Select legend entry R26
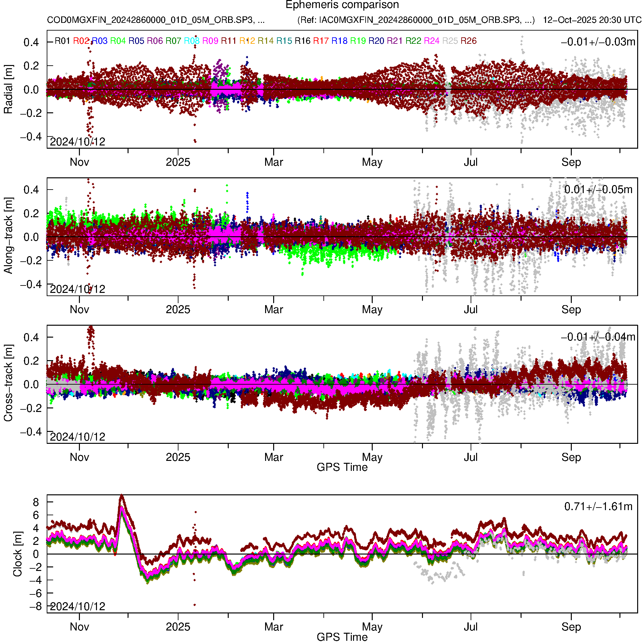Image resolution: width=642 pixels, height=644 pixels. click(468, 41)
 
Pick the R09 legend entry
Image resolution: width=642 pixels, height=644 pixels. click(210, 41)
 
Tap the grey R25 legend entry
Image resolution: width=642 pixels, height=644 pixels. click(450, 41)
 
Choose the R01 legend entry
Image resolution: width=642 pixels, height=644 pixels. click(62, 41)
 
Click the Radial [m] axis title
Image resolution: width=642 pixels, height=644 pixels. click(8, 89)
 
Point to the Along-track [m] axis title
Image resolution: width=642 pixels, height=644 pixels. click(8, 236)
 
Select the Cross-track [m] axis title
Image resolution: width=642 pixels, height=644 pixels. click(8, 383)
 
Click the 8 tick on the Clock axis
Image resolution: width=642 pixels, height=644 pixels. click(36, 502)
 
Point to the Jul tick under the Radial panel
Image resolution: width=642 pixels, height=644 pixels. click(471, 162)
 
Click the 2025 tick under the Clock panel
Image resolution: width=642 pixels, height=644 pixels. click(178, 627)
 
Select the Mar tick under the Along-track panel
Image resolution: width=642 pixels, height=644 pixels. click(273, 310)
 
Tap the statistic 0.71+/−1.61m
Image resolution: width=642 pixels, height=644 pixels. click(598, 507)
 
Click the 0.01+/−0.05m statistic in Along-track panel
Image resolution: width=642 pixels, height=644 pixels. click(598, 190)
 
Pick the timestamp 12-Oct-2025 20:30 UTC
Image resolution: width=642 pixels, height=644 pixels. click(592, 20)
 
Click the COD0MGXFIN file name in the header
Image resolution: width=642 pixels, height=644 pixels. click(156, 20)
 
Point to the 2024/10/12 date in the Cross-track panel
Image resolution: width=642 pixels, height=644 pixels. click(77, 437)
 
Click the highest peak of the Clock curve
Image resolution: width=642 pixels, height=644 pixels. click(121, 496)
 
